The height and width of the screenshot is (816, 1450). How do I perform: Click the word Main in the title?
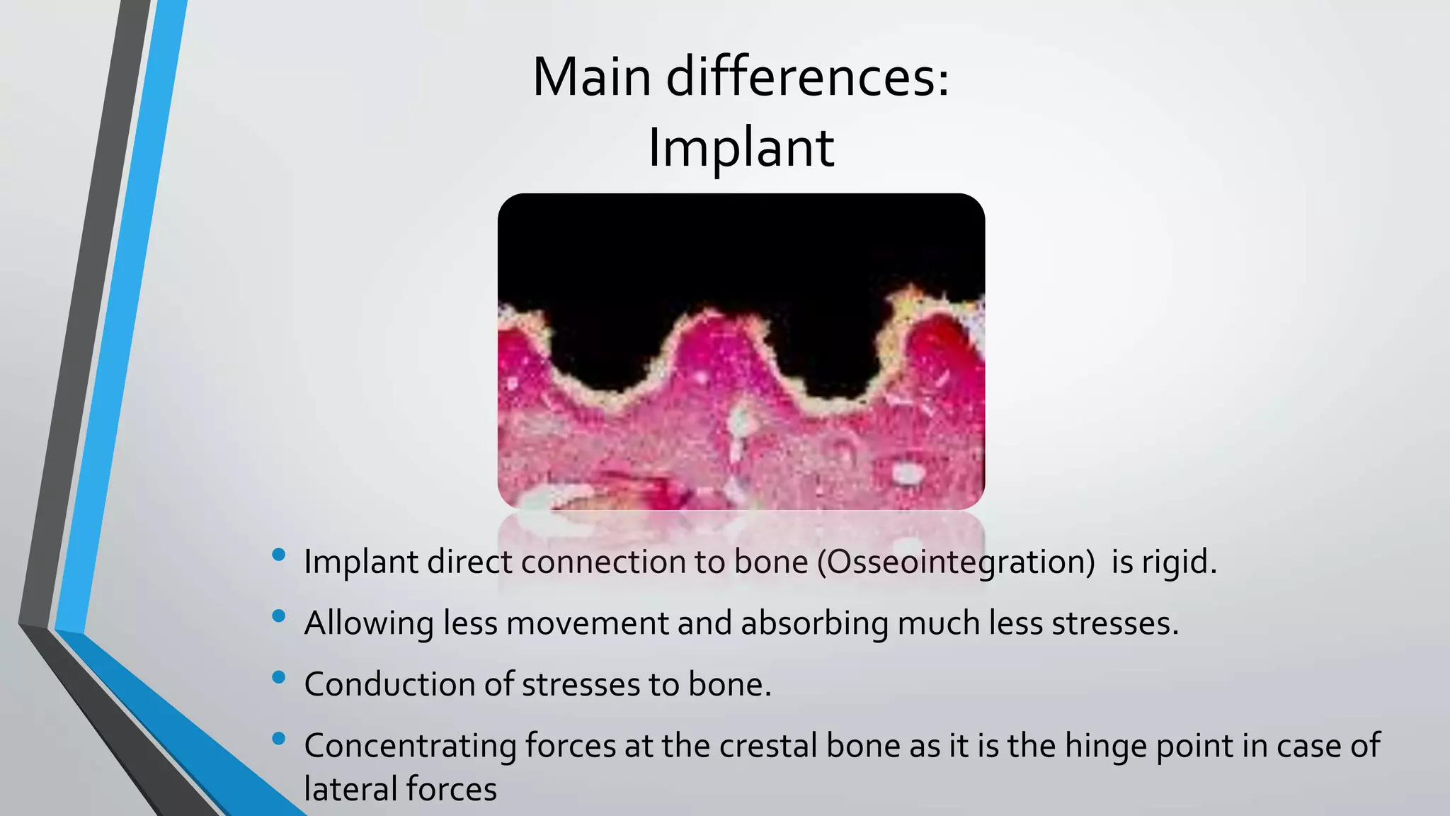click(591, 77)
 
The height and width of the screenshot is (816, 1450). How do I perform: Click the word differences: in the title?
click(808, 77)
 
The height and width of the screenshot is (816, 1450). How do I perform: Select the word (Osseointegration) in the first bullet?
click(956, 562)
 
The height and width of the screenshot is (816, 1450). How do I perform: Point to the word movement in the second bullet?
click(587, 623)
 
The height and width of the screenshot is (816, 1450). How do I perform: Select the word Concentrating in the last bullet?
click(410, 746)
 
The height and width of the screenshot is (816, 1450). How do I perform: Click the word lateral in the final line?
click(347, 789)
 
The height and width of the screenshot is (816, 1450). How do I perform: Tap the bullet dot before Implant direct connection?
click(278, 555)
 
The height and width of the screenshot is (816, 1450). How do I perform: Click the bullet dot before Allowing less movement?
click(278, 616)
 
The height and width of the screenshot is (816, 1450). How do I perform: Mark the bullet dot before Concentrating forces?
click(278, 739)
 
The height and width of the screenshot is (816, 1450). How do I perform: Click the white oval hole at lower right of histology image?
click(905, 472)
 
